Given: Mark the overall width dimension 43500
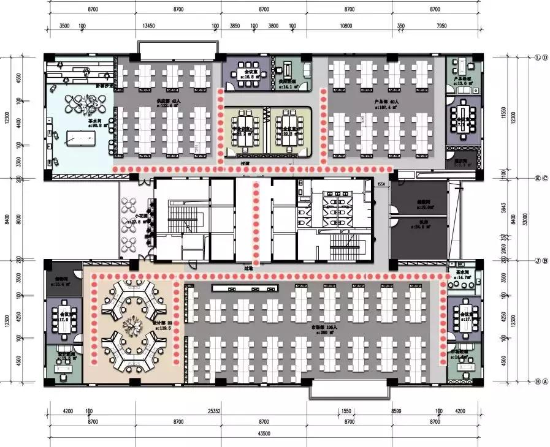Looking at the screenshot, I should tap(264, 433).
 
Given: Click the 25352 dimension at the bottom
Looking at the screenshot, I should tap(214, 411).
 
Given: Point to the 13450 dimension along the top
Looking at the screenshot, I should tap(148, 26).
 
